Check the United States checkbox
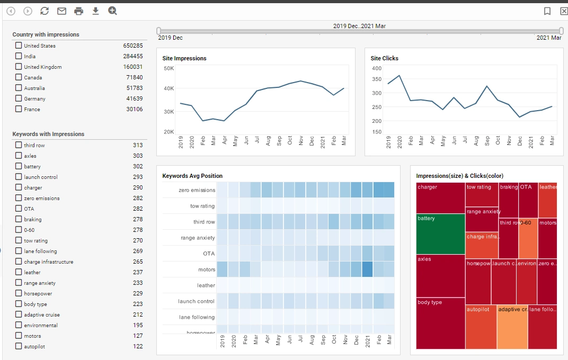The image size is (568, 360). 19,46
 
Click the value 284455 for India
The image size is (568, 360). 133,56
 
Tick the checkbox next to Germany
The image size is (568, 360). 19,98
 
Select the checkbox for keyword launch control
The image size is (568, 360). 19,177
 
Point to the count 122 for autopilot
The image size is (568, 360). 138,346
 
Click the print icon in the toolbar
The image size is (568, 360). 79,11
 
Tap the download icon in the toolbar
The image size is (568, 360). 95,11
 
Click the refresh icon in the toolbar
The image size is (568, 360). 45,11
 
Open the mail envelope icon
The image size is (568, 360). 61,11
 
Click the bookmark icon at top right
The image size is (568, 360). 547,11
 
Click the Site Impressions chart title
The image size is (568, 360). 184,58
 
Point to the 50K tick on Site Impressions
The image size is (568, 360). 168,68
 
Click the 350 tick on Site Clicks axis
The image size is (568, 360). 376,79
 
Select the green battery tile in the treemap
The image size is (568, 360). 440,234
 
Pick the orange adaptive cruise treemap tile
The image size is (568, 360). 512,327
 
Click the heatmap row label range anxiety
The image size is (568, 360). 198,238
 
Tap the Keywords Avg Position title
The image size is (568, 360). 192,176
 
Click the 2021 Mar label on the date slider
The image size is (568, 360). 548,38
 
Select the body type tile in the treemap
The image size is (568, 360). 440,323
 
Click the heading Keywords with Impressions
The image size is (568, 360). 48,134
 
